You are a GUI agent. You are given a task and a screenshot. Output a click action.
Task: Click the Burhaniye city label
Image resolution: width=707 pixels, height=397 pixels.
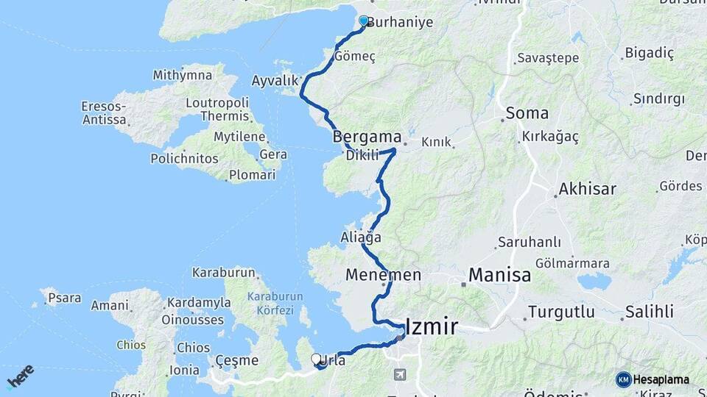coord(400,23)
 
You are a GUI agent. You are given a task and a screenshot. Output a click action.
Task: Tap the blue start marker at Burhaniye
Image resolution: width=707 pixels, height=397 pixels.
coord(363,21)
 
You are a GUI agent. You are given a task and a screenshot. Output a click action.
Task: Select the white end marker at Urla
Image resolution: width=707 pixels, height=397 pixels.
coord(317,360)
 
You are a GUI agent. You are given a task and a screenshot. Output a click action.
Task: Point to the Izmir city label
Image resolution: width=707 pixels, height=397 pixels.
coord(432,326)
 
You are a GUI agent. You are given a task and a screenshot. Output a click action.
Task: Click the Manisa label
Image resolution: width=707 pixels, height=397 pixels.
coord(500,276)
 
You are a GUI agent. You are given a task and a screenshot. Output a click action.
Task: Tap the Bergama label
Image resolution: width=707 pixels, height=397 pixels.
coord(367,137)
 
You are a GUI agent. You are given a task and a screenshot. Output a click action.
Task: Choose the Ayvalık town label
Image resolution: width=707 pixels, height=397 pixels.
coord(275,81)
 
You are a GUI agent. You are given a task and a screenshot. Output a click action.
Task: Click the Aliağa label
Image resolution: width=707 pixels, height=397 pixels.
coord(361,237)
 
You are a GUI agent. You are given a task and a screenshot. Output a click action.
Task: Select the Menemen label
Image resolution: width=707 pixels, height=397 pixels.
coord(383,275)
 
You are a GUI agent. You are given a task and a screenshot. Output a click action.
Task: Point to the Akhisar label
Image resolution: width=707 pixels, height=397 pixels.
coord(587,189)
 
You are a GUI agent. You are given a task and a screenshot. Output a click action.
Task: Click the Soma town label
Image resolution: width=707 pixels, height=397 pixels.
coord(526,114)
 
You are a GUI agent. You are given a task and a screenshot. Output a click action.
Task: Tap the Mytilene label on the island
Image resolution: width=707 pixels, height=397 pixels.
coord(239,137)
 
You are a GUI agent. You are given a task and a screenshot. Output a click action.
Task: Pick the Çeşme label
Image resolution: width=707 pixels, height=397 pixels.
coord(237,360)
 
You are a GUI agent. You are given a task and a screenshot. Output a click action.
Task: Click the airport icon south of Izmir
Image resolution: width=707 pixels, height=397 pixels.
coord(400,374)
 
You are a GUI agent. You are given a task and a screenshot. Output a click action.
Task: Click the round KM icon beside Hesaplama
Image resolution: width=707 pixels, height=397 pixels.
coord(623,379)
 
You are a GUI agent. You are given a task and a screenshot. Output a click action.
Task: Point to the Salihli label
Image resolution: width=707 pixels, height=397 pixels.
coord(649,312)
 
